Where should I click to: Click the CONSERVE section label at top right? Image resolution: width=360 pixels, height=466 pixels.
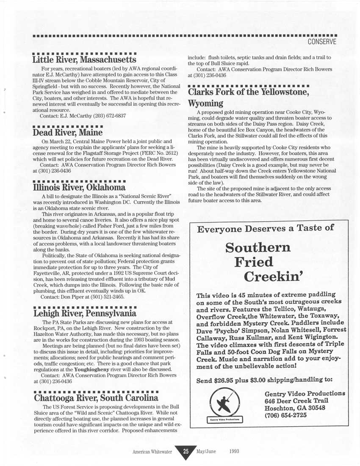(322, 42)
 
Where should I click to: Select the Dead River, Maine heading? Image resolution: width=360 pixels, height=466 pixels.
(68, 132)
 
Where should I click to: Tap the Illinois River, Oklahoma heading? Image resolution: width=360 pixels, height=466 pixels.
(79, 187)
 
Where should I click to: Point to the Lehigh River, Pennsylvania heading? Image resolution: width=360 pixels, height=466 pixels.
(85, 313)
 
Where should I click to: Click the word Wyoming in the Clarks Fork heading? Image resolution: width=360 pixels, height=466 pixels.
(205, 103)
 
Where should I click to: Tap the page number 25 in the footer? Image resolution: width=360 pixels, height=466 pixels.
(186, 451)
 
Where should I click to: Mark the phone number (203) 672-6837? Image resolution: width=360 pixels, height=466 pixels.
(105, 116)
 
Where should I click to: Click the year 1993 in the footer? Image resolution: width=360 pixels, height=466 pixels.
(234, 451)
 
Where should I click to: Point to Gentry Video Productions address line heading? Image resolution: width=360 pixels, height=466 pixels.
(305, 393)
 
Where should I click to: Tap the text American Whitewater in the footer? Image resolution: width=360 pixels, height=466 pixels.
(152, 452)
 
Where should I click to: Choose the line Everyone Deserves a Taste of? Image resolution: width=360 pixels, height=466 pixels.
(266, 229)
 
